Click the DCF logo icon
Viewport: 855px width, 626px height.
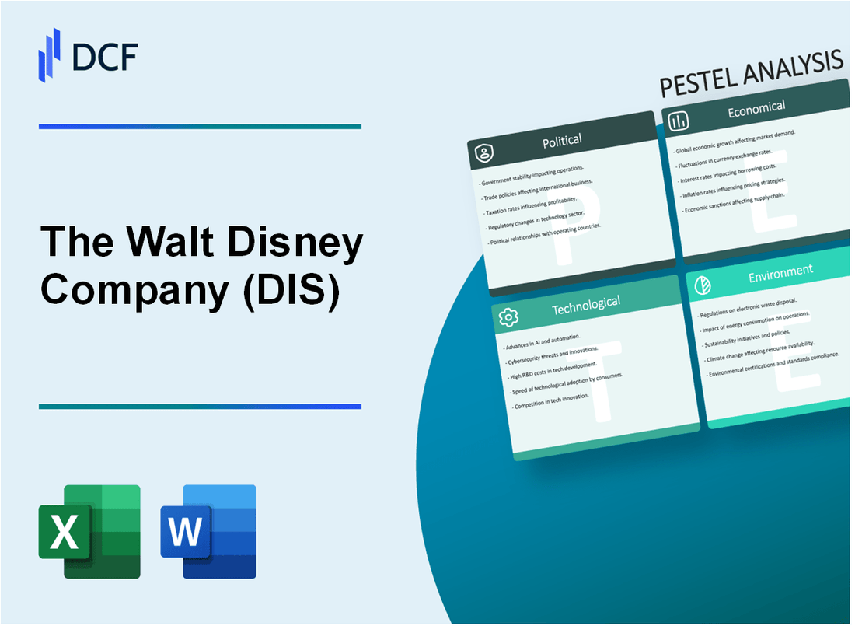[50, 54]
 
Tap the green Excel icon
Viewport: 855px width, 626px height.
[89, 531]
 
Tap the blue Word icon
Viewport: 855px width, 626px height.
[208, 531]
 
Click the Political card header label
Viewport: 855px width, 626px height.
[562, 141]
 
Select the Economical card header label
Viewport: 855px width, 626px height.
[756, 109]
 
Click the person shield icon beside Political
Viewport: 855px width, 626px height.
[484, 154]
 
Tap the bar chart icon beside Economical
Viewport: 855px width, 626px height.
[678, 120]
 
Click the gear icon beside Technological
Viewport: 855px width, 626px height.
[509, 317]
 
